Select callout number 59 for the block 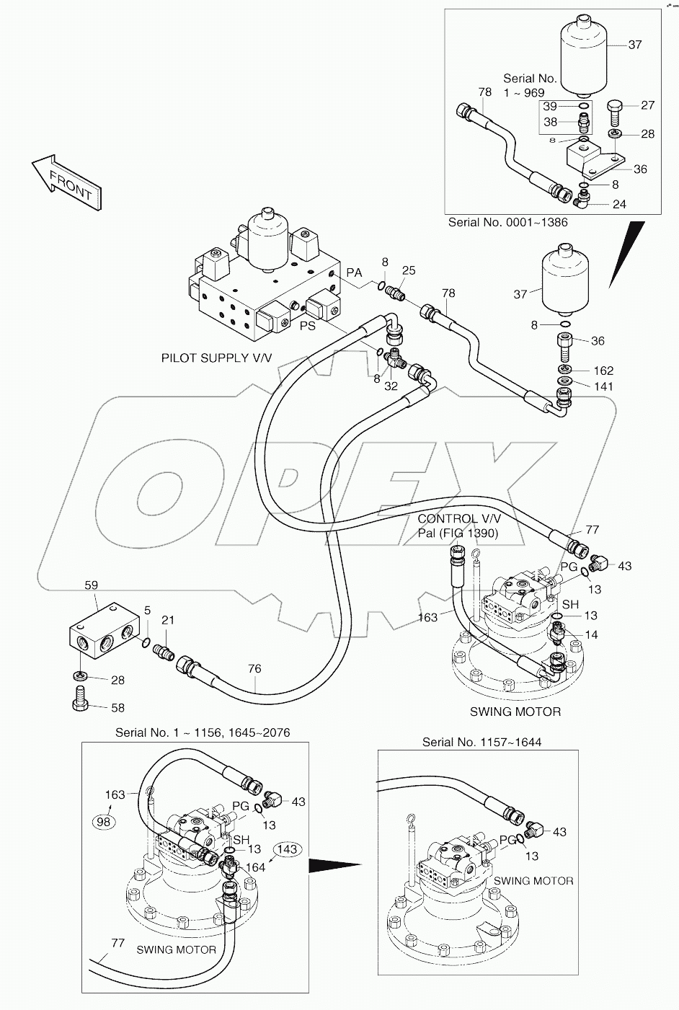tap(91, 585)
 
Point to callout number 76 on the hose tap(254, 669)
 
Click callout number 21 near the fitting tap(167, 620)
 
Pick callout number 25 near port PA tap(409, 270)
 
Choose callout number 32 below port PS tap(391, 386)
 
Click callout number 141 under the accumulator tap(603, 387)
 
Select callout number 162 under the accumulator tap(603, 371)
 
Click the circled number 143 tap(286, 849)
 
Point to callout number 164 tap(256, 867)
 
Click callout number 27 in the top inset tap(647, 105)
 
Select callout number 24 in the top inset tap(618, 204)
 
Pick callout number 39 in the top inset tap(550, 107)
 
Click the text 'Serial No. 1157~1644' tap(481, 742)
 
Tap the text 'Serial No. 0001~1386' tap(507, 222)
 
